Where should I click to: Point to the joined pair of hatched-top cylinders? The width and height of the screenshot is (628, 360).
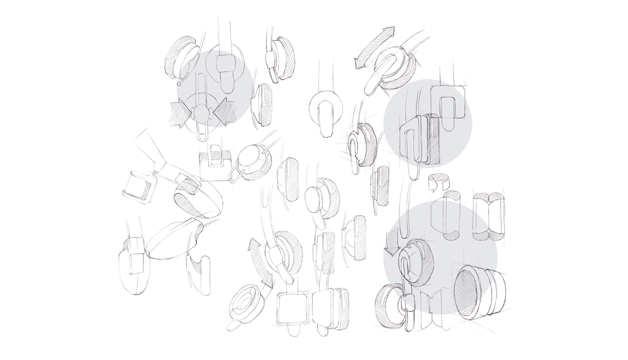click(489, 215)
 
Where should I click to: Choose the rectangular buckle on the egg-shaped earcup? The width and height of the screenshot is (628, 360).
click(186, 182)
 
